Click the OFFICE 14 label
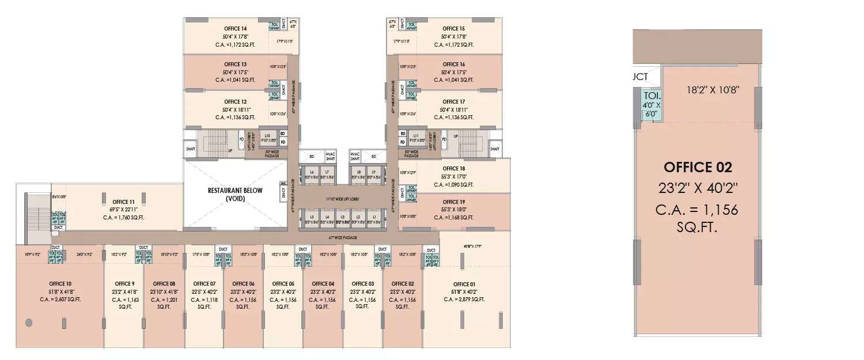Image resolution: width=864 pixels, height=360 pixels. pyautogui.click(x=236, y=29)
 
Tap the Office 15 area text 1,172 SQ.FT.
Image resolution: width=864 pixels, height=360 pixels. pyautogui.click(x=454, y=44)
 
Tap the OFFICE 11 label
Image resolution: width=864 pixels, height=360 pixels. pyautogui.click(x=124, y=202)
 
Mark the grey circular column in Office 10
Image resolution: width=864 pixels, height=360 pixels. pyautogui.click(x=28, y=323)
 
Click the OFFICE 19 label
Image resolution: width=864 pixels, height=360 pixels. pyautogui.click(x=454, y=202)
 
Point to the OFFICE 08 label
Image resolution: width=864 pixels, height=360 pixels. pyautogui.click(x=164, y=284)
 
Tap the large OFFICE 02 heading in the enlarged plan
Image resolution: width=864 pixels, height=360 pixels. pyautogui.click(x=698, y=168)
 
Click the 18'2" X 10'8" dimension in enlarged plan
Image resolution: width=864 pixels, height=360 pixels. pyautogui.click(x=712, y=90)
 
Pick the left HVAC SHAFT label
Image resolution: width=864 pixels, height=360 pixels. pyautogui.click(x=330, y=157)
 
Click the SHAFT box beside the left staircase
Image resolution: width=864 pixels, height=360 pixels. pyautogui.click(x=191, y=149)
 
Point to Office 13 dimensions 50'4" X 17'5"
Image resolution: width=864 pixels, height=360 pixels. pyautogui.click(x=236, y=72)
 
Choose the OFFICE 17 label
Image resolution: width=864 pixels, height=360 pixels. pyautogui.click(x=454, y=101)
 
